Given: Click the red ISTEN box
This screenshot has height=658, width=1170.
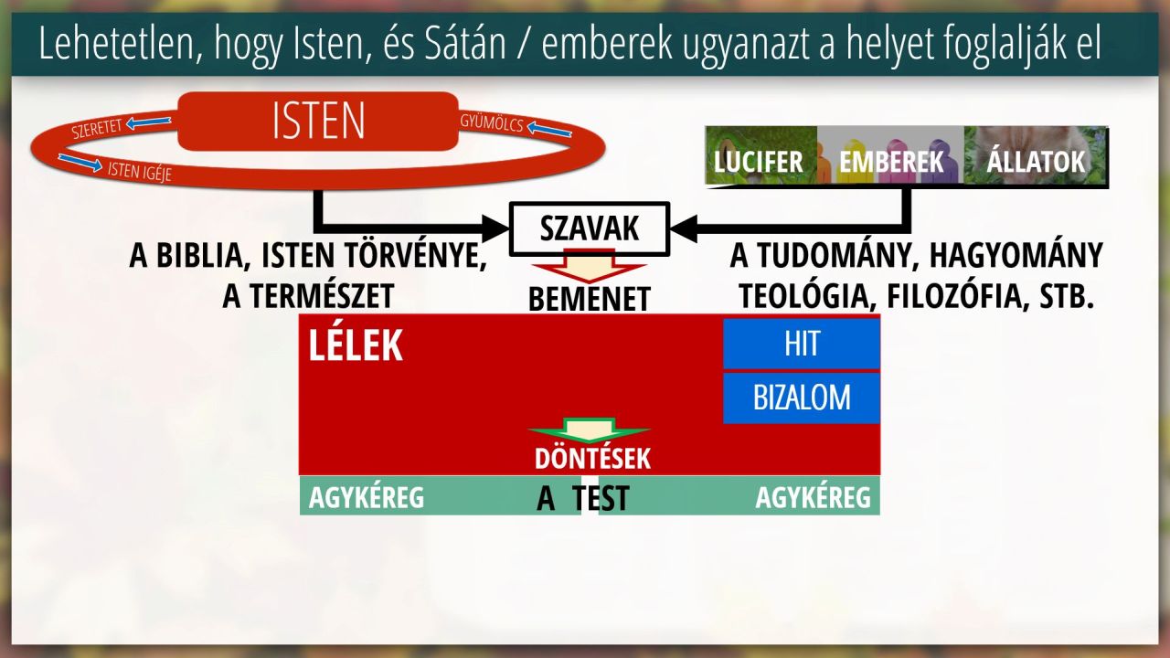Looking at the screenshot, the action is (x=318, y=122).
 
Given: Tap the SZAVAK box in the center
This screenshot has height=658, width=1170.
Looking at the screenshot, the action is (x=590, y=228).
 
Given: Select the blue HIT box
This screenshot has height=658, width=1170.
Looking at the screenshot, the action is (x=802, y=344).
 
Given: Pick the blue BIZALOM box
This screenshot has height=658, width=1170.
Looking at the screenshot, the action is (x=802, y=398).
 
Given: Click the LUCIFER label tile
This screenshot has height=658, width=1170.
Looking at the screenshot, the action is (x=760, y=155).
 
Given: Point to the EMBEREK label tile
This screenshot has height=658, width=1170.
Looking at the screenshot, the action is (x=890, y=155).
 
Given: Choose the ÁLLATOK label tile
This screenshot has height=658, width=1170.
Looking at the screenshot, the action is (x=1036, y=155).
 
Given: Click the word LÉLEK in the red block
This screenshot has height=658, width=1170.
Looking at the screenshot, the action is (x=356, y=345).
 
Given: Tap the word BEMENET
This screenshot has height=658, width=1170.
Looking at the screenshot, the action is (x=590, y=299).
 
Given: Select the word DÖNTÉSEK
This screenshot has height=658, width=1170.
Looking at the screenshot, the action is (x=593, y=459).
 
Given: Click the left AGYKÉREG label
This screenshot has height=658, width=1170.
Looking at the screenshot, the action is (x=367, y=497).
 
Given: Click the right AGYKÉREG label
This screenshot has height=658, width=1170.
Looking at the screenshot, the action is (x=814, y=497).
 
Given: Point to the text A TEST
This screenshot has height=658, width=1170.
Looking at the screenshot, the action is (x=583, y=498).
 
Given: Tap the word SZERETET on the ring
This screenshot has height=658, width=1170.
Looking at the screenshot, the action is (x=97, y=129).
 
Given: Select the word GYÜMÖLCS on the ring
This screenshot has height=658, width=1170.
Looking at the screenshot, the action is (x=492, y=123).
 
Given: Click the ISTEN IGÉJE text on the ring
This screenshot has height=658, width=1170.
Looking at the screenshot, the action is (x=140, y=171).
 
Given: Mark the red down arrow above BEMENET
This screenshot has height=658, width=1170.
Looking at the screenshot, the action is (x=590, y=267).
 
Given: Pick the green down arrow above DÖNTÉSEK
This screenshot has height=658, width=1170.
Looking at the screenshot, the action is (x=590, y=430).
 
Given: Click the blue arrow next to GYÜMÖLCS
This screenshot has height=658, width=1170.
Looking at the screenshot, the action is (x=549, y=129).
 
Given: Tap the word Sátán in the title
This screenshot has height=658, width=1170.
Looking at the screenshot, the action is (x=465, y=45).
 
